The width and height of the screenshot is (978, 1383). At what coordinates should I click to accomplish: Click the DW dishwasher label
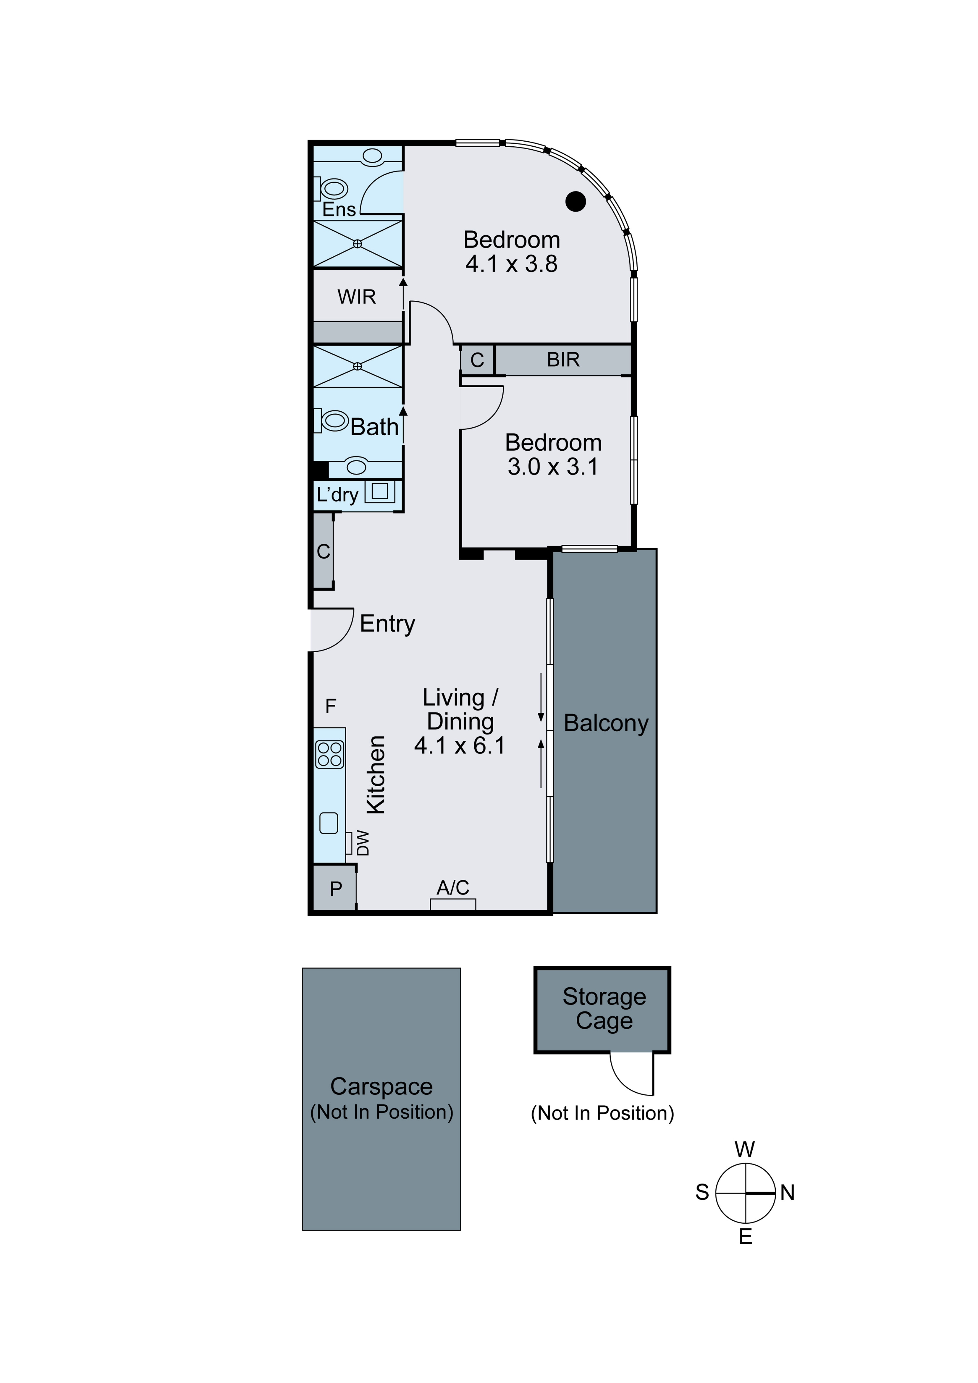(x=363, y=843)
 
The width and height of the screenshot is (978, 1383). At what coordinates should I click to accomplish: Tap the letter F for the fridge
(x=330, y=705)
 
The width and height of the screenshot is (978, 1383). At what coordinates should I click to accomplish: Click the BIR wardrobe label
(x=563, y=360)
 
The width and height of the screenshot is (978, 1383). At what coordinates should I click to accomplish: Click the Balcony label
(x=606, y=723)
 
